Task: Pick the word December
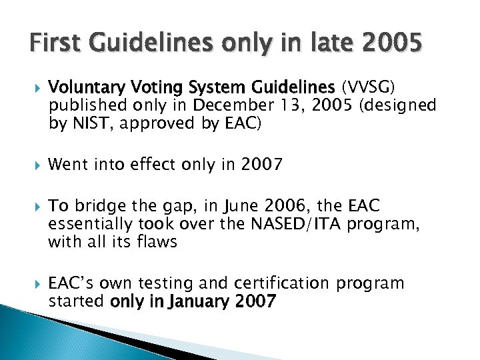tap(222, 105)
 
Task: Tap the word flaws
tap(157, 241)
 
